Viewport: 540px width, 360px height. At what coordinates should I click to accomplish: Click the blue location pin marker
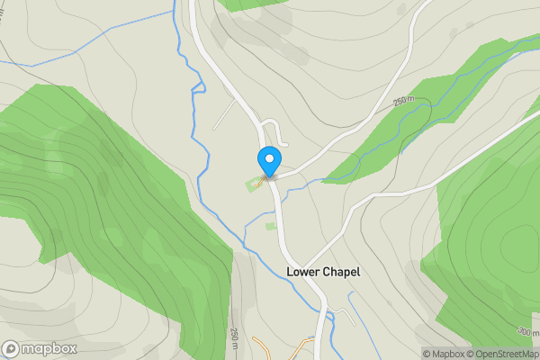pos(268,161)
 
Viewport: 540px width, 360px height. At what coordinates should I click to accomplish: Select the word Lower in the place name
pos(301,270)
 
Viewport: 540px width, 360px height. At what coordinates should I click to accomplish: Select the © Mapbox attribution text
pos(447,354)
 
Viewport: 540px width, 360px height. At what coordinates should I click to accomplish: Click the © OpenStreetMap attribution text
pos(507,354)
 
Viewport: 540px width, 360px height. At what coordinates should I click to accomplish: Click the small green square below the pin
pos(270,225)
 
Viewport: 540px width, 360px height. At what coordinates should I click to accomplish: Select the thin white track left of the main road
pos(225,112)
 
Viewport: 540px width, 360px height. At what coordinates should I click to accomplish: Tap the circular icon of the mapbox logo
pos(11,348)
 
